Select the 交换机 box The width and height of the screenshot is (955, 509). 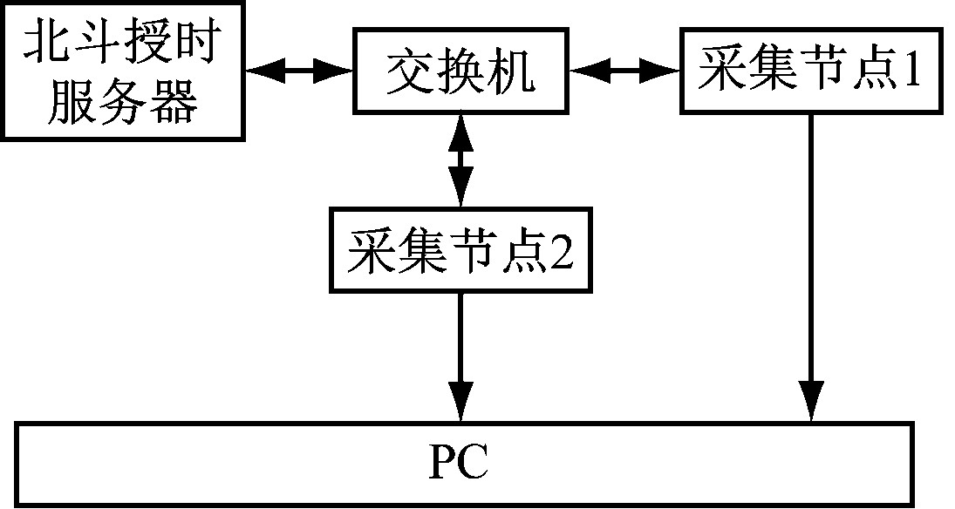coord(460,71)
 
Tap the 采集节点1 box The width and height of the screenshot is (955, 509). coord(811,71)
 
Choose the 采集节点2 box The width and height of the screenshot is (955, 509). coord(460,249)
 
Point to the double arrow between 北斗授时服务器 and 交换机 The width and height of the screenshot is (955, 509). coord(299,71)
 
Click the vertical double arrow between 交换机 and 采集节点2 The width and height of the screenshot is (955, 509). coord(460,160)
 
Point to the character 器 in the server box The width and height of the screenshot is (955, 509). coord(175,101)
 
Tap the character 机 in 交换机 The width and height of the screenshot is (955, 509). coord(515,71)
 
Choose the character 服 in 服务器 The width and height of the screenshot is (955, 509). coord(73,101)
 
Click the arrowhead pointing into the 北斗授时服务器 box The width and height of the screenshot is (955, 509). coord(260,71)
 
